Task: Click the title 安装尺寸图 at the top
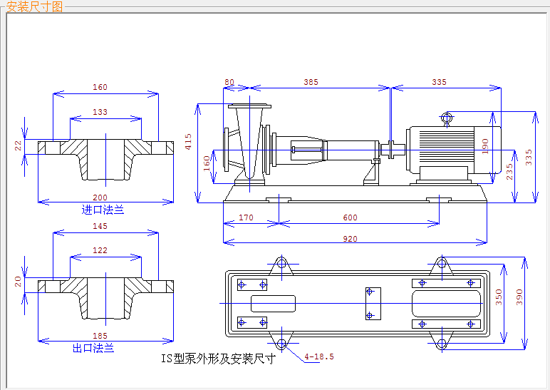34,7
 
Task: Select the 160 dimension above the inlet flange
100,88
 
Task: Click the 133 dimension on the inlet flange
100,113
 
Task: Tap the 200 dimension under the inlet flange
100,197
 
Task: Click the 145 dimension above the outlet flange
100,226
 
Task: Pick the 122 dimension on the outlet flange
100,250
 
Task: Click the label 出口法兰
93,348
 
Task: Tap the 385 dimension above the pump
311,83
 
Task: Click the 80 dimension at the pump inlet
229,83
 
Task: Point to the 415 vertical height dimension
188,143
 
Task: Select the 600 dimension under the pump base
350,218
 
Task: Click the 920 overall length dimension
350,239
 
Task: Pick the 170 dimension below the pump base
247,218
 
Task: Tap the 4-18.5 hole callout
319,356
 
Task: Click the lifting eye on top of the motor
447,118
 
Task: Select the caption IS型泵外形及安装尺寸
218,358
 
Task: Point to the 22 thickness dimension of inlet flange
19,145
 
